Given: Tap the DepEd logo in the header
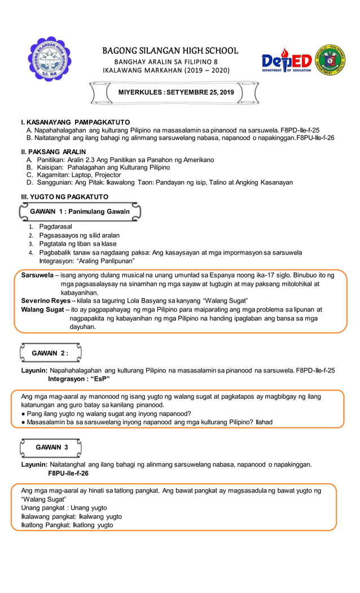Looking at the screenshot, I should (x=286, y=61).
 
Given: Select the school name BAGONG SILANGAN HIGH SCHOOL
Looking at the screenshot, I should (x=170, y=51).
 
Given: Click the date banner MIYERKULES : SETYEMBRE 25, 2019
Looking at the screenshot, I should (x=175, y=92).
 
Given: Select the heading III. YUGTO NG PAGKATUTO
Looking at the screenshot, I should (x=64, y=196).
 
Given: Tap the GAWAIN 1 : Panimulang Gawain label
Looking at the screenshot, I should (x=80, y=212).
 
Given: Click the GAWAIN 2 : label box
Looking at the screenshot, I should (x=50, y=353).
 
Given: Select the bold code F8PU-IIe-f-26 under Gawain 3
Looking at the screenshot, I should (x=68, y=473).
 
